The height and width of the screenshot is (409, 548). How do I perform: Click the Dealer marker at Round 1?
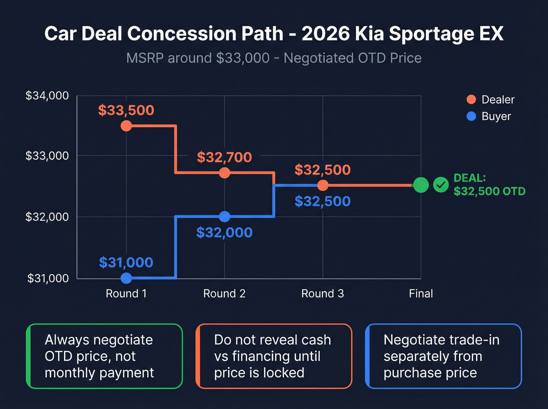point(126,126)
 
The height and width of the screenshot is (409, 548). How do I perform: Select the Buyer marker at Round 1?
point(126,278)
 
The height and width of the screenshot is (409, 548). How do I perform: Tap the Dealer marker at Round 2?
point(224,173)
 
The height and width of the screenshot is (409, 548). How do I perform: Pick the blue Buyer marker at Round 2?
point(224,216)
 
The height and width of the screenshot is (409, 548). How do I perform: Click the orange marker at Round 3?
point(323,185)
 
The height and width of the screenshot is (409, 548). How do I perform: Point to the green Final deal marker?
point(421,185)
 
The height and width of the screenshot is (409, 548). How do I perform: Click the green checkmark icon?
point(441,185)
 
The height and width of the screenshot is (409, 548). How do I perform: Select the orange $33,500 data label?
point(126,110)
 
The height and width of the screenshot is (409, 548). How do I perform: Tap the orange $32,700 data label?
point(224,157)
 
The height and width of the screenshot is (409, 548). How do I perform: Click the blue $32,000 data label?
point(224,232)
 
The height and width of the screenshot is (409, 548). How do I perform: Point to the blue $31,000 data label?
point(126,262)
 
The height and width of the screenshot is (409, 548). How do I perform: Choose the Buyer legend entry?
point(489,116)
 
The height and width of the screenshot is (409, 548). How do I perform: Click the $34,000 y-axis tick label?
point(47,95)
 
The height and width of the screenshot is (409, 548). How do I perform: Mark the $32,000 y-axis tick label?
point(47,216)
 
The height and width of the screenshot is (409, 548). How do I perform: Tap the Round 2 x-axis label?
point(224,294)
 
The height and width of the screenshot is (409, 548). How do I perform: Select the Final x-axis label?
point(421,294)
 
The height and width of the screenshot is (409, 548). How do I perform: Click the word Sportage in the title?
point(434,34)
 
